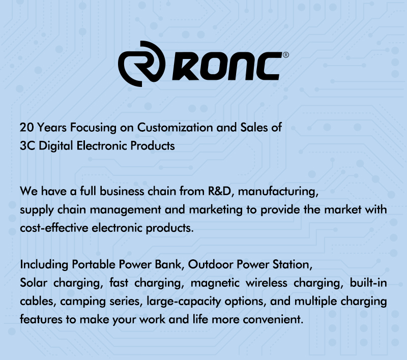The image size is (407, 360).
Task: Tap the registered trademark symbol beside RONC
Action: pos(285,55)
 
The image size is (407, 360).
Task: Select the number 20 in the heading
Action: pos(26,127)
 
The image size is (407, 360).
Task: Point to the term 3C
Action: pos(27,145)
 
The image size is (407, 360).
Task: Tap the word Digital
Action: pos(55,146)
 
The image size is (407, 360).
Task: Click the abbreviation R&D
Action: pos(219,191)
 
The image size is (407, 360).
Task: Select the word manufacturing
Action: pos(277,192)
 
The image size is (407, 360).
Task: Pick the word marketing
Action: pos(216,210)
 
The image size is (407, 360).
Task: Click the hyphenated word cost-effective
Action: pos(54,228)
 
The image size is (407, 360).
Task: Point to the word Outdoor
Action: pos(210,264)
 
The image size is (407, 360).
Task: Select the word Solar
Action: pos(34,283)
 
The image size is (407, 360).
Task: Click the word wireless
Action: pos(266,283)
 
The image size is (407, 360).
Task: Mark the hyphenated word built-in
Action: pos(368,283)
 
